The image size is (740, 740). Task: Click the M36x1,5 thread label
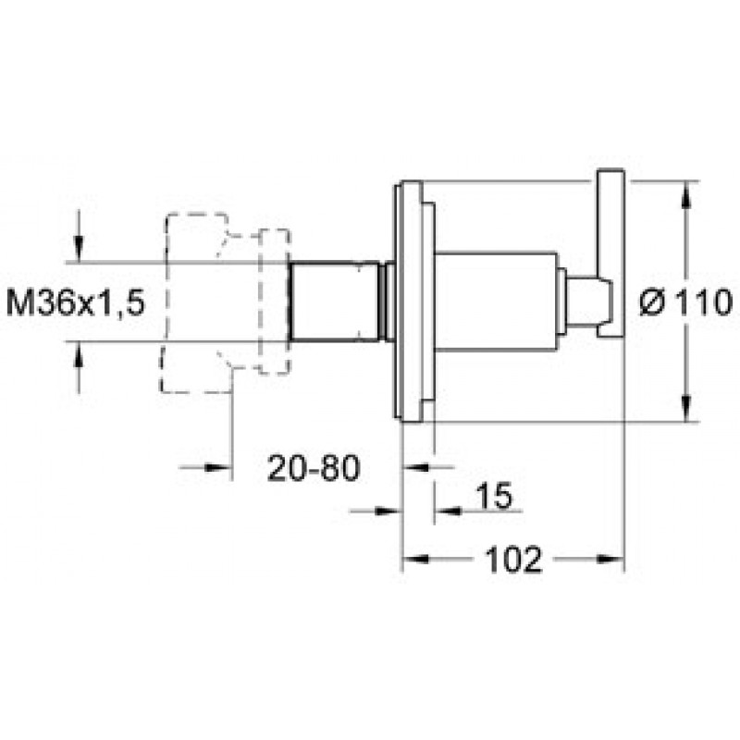pyautogui.click(x=76, y=302)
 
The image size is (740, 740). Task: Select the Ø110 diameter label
pyautogui.click(x=686, y=302)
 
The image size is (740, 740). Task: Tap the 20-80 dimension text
pyautogui.click(x=314, y=468)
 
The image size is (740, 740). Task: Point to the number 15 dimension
pyautogui.click(x=494, y=496)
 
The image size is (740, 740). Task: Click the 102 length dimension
pyautogui.click(x=514, y=560)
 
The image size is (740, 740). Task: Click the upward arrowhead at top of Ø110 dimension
pyautogui.click(x=687, y=194)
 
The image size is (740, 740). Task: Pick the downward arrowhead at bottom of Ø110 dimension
pyautogui.click(x=687, y=408)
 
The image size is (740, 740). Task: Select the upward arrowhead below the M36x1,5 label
pyautogui.click(x=79, y=353)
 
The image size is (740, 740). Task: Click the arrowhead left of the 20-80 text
pyautogui.click(x=218, y=467)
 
